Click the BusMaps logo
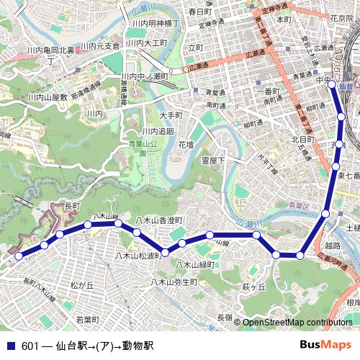click(x=325, y=345)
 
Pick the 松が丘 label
click(x=82, y=286)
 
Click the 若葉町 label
click(x=88, y=318)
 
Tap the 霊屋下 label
click(x=214, y=160)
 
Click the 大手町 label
click(x=171, y=115)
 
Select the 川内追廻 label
click(x=158, y=131)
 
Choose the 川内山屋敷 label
click(x=48, y=96)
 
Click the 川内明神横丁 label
click(x=155, y=23)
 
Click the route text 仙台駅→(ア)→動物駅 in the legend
click(x=104, y=346)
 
